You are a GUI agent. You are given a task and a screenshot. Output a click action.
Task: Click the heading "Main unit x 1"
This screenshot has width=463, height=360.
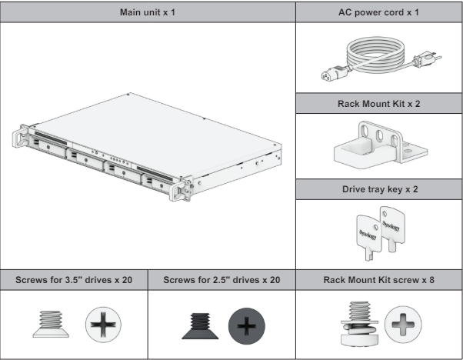click(148, 13)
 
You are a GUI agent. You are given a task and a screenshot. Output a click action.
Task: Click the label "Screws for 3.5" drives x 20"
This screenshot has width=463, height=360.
click(75, 278)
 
